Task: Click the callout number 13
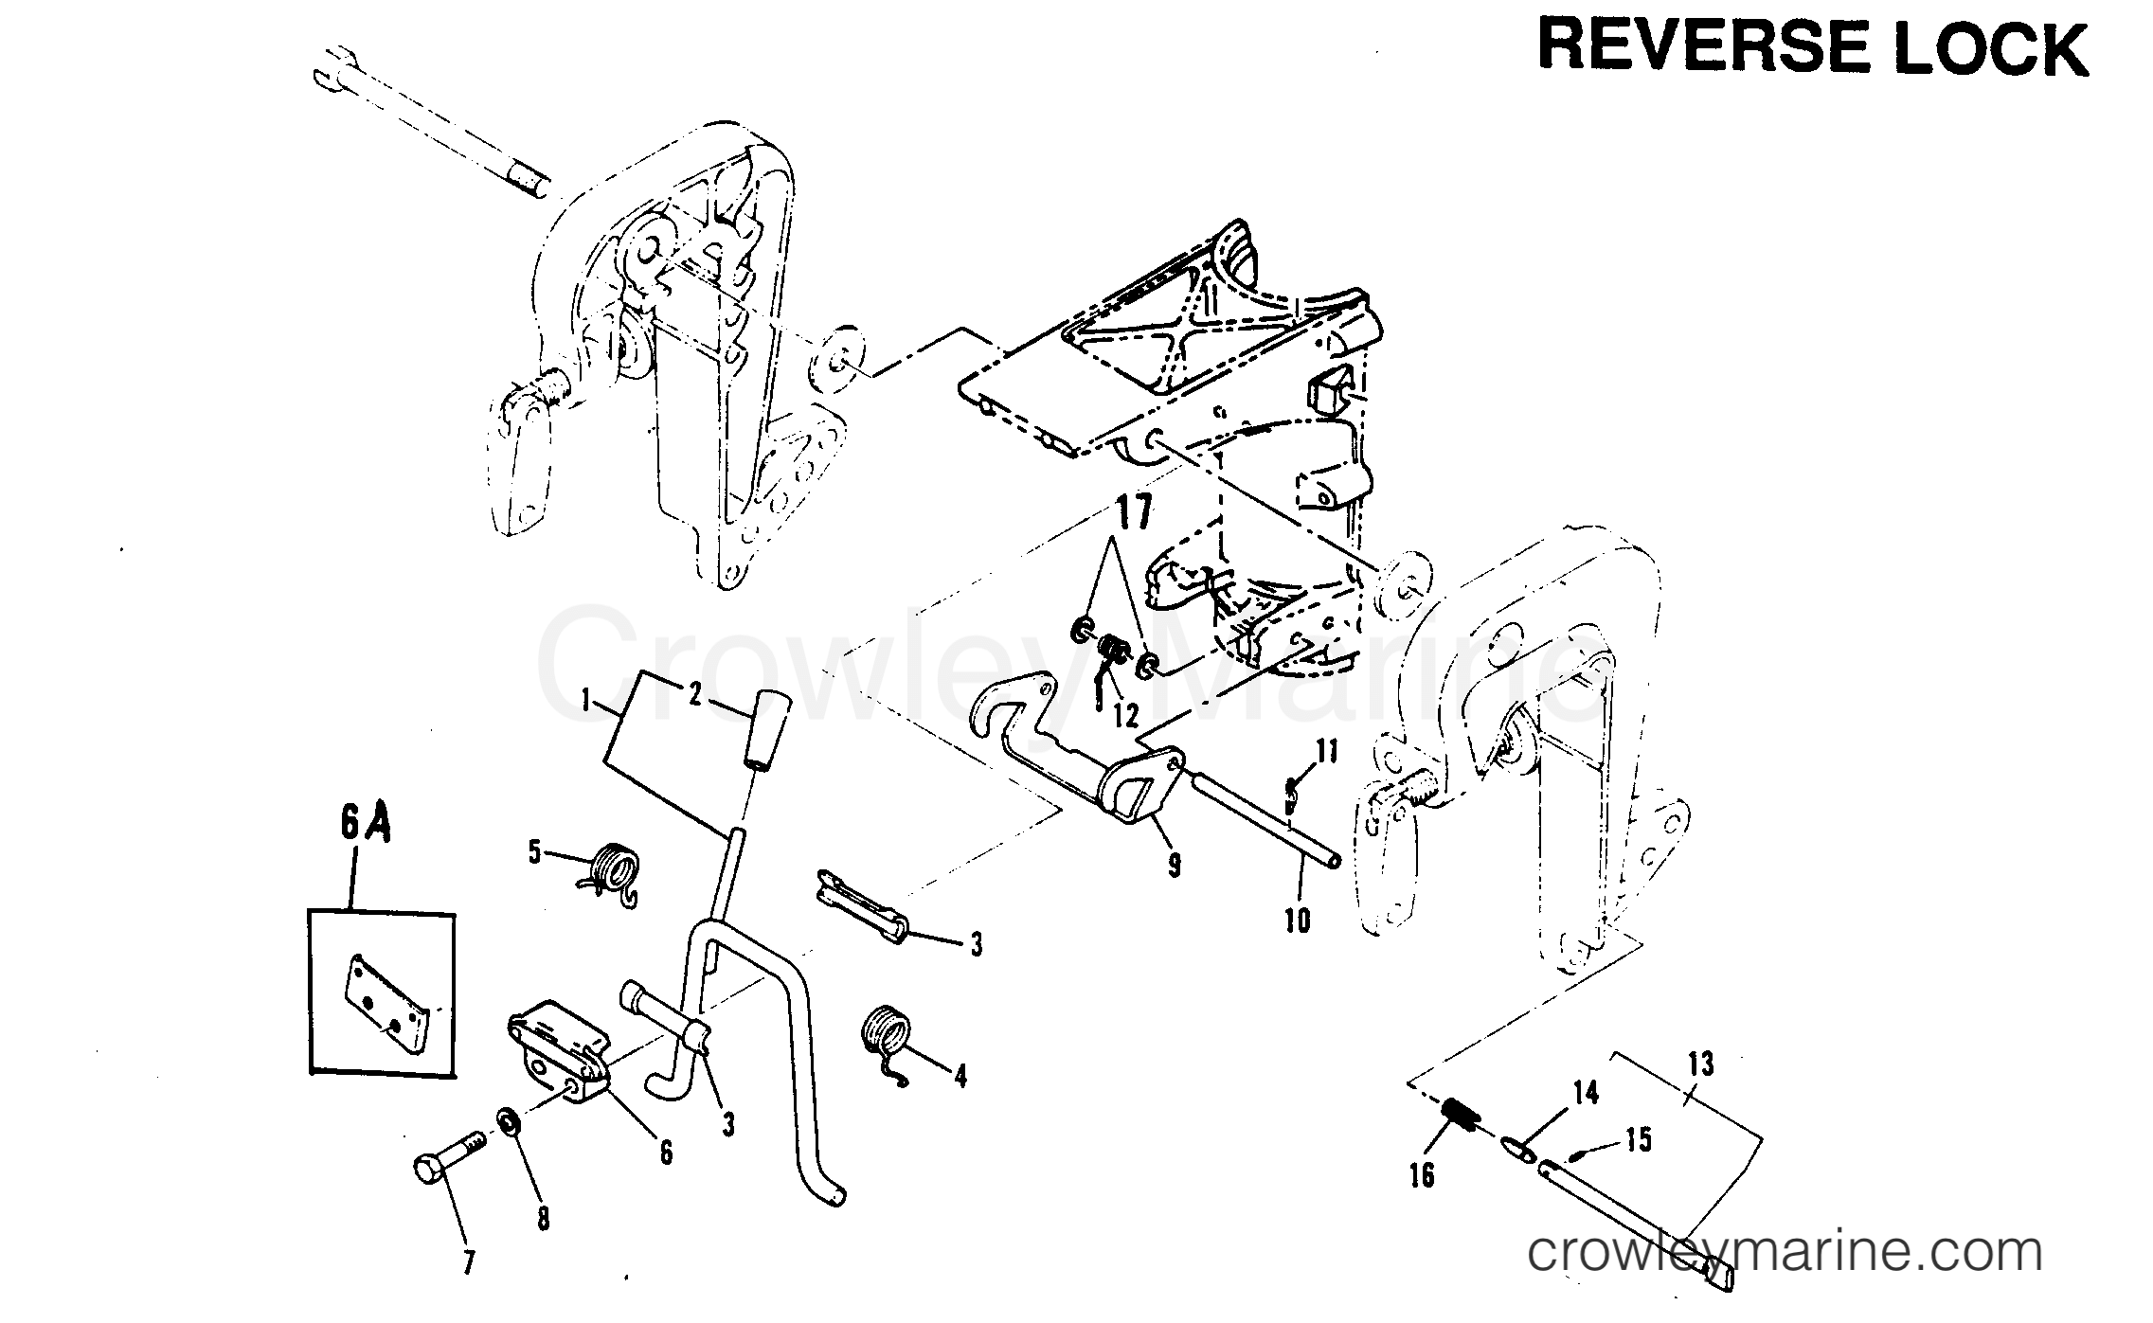pos(1700,1064)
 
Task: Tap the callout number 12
pos(1124,714)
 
